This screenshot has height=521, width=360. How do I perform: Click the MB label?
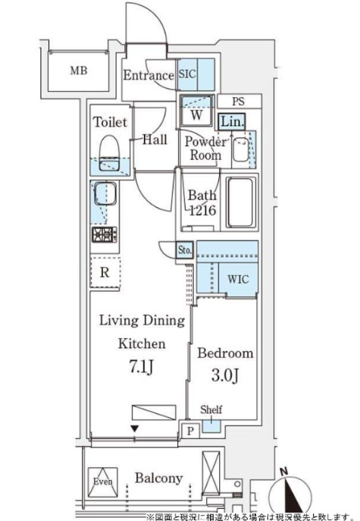(x=78, y=72)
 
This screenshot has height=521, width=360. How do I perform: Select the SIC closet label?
(x=188, y=75)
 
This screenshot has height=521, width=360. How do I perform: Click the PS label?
(x=237, y=101)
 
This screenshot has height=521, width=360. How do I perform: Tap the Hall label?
(x=155, y=140)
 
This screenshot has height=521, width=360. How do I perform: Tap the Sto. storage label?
(x=185, y=250)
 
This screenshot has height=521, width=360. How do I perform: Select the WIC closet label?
(x=237, y=278)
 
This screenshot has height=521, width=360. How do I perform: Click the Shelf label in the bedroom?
(x=211, y=410)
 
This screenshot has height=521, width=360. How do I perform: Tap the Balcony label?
(x=158, y=478)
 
